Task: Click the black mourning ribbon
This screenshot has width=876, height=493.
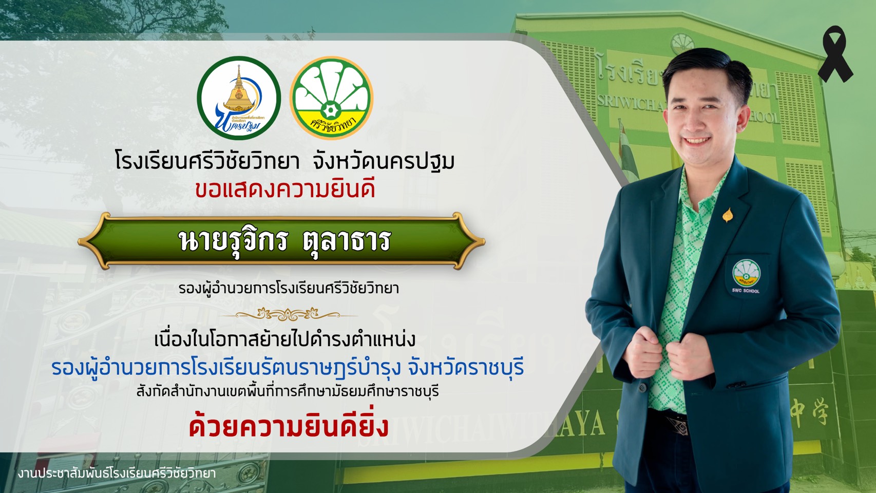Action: coord(834,55)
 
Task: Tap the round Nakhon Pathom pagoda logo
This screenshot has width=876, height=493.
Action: coord(239,98)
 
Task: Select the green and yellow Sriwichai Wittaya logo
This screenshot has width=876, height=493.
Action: coord(332,98)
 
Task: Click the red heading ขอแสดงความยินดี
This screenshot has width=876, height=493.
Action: coord(285,189)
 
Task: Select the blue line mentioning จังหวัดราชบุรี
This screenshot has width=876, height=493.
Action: coord(288,368)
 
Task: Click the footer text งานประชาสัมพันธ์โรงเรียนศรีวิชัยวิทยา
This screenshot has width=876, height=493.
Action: coord(117,474)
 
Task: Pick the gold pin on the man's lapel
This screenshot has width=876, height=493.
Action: coord(728,215)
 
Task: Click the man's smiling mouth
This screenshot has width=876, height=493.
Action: coord(698,140)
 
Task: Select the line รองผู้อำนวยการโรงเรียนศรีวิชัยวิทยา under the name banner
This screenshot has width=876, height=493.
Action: coord(289,289)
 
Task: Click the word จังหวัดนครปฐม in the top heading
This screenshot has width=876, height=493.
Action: coord(384,161)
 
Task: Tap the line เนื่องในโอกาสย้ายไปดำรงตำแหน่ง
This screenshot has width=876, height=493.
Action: coord(284,339)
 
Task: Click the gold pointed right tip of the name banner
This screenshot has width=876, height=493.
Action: coord(484,241)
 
